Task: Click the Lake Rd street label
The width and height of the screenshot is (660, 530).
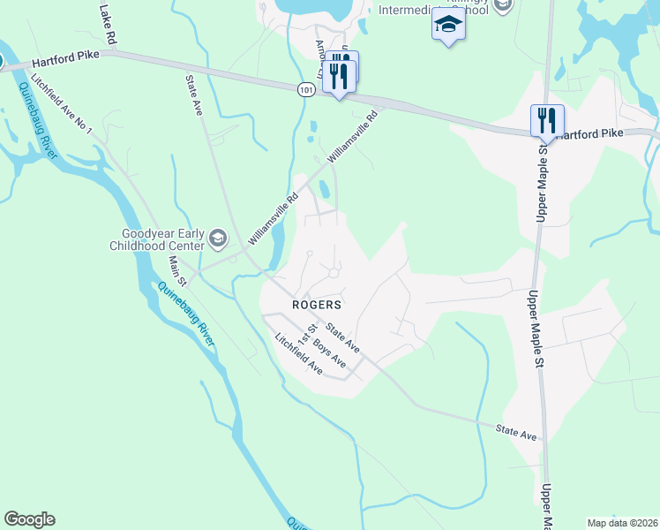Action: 109,26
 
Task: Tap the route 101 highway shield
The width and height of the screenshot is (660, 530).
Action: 305,90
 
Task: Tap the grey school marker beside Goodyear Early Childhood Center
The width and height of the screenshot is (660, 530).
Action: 218,238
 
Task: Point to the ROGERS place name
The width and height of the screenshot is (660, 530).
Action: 317,303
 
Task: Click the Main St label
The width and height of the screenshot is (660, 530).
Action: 177,271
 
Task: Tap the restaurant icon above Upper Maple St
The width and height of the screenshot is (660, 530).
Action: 547,120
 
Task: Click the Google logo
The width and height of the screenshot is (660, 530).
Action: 29,519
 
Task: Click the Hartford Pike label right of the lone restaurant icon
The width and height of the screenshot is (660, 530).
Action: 589,133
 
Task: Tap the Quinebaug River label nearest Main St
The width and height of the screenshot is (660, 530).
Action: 187,314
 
